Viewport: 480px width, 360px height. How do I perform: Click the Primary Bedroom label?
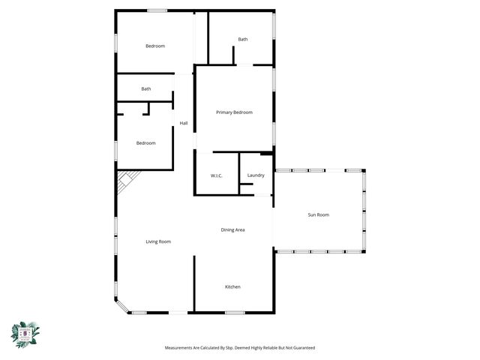[234, 112]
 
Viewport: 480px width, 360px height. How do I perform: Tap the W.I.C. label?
[216, 175]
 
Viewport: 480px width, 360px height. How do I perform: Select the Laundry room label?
[256, 175]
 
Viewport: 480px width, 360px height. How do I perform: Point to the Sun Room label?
[318, 215]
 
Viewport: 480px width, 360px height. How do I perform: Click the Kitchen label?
[233, 287]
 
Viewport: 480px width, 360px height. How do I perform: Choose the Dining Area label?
[232, 229]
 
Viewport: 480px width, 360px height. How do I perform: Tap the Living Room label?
[158, 241]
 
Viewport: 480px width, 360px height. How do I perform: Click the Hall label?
[183, 123]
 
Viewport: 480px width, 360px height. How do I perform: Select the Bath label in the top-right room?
[243, 39]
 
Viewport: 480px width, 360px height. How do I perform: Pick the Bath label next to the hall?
[145, 88]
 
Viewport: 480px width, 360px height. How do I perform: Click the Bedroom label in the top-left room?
[155, 46]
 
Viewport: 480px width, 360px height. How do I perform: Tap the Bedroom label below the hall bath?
[145, 143]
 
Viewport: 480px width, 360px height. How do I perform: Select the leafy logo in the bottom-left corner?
[25, 333]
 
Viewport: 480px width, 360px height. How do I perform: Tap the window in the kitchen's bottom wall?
[234, 311]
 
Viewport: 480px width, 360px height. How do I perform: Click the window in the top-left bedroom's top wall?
[157, 10]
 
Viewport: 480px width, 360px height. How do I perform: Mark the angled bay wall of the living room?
[121, 306]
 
